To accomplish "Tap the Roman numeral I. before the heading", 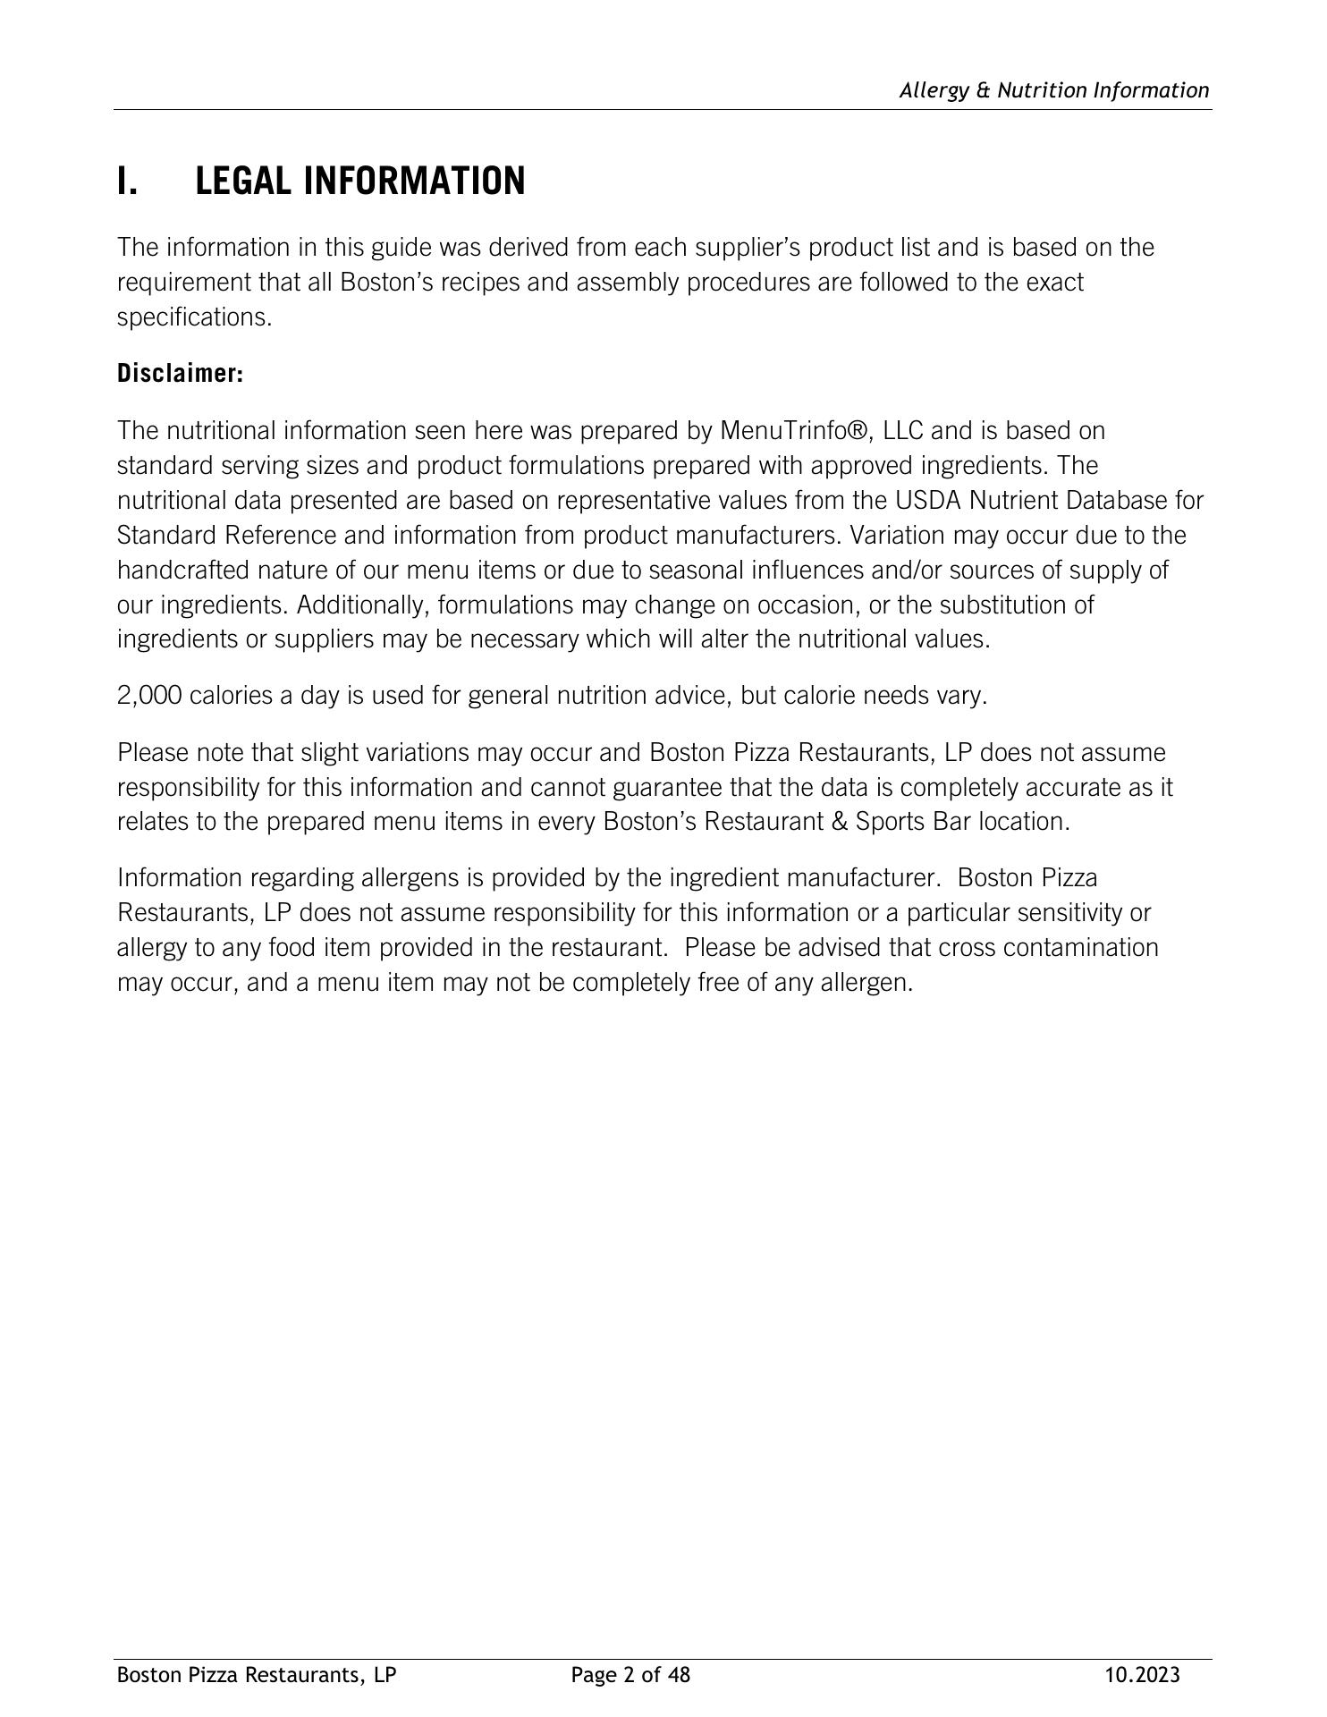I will click(127, 182).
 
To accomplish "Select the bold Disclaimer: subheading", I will click(180, 374).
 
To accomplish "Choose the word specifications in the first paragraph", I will click(194, 318).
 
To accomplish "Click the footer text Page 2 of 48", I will click(630, 1675).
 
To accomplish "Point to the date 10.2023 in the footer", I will click(1142, 1675).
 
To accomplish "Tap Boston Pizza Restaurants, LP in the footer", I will click(257, 1675).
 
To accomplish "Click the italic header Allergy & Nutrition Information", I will click(1053, 90).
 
